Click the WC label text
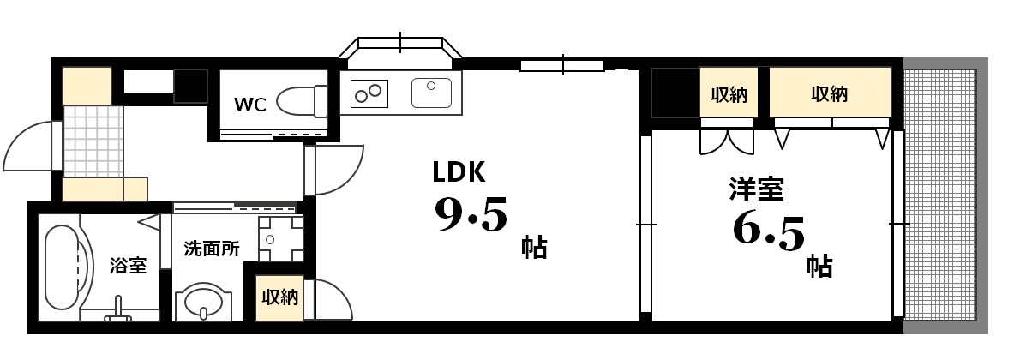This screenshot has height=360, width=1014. [250, 105]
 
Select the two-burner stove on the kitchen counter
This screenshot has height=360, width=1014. [369, 92]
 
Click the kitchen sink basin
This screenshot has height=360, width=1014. [431, 92]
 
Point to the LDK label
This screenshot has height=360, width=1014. [459, 172]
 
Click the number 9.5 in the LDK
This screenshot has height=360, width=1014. [471, 215]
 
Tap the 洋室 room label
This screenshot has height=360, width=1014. [756, 189]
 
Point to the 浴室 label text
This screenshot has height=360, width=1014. [128, 266]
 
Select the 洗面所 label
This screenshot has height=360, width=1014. [212, 249]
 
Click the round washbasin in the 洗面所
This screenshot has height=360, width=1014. [203, 302]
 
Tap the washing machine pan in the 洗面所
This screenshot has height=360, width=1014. [280, 238]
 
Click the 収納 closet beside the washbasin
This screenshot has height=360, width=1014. [279, 297]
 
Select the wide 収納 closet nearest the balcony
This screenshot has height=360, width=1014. [830, 93]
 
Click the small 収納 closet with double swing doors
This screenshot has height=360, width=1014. [729, 93]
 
